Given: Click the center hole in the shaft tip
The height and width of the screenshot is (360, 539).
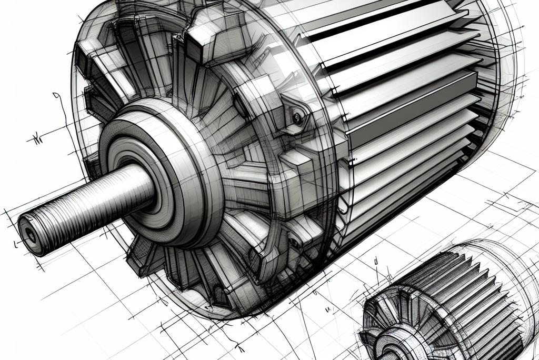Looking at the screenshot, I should (31, 235).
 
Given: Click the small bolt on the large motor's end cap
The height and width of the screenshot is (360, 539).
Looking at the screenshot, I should (298, 116).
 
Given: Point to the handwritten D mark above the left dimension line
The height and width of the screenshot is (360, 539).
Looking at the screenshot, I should (56, 96).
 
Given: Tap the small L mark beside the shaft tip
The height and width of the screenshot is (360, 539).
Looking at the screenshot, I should (16, 245).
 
